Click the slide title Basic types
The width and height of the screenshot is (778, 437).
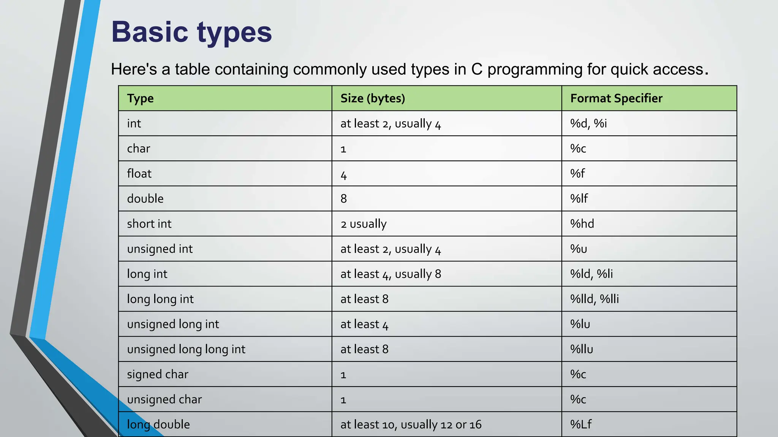[191, 32]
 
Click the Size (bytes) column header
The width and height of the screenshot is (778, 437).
[372, 98]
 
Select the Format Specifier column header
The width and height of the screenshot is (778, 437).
[616, 98]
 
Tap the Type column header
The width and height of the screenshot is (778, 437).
[140, 98]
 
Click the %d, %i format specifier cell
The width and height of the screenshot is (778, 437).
[588, 123]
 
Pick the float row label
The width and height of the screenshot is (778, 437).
[139, 173]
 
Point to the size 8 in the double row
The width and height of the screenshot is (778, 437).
[343, 198]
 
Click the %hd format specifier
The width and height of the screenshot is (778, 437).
[582, 223]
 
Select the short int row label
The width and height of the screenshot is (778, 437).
[149, 223]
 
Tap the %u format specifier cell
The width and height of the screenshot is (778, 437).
[579, 249]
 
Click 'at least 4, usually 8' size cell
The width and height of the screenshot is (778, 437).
[391, 274]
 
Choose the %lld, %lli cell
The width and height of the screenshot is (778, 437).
[594, 299]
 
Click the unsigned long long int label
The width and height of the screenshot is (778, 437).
[186, 349]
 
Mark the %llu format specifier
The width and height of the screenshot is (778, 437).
[581, 349]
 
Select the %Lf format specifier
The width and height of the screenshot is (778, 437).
[580, 424]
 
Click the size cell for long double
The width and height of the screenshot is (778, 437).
[411, 424]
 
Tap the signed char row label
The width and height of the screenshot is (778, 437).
[157, 374]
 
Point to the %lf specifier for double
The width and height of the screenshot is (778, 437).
[579, 198]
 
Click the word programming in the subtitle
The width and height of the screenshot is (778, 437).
[534, 69]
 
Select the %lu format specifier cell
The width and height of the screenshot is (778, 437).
[580, 324]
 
